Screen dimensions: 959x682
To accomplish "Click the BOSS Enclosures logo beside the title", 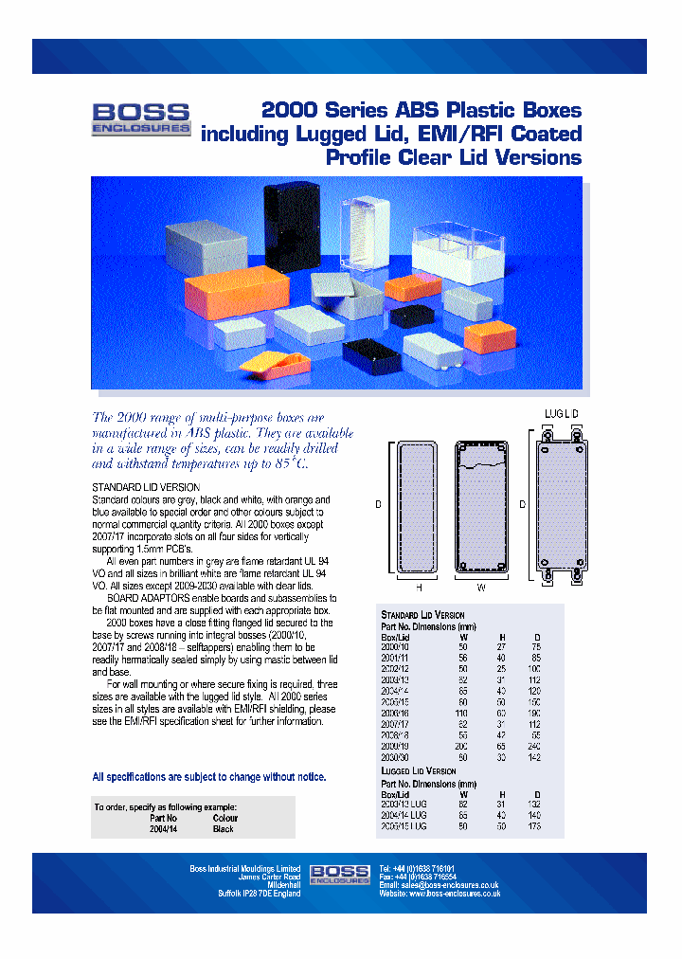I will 141,119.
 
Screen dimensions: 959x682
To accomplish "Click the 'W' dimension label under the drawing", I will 481,588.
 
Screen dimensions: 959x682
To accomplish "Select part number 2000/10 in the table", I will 395,646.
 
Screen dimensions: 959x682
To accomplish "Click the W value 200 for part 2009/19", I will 461,747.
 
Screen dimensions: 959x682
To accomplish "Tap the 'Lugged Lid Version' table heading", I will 418,771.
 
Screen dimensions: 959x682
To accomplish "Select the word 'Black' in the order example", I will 224,828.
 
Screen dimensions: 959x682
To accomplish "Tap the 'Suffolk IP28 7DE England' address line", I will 259,894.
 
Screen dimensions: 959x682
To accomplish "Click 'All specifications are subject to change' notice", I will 209,776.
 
